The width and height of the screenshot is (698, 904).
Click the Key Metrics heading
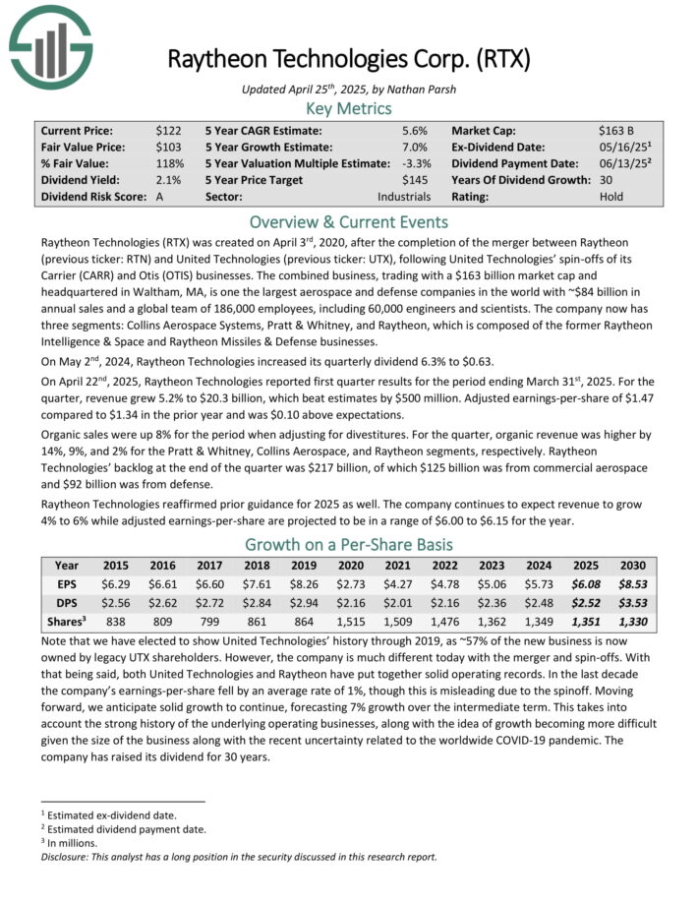click(349, 108)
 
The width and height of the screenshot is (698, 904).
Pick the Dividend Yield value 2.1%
click(168, 179)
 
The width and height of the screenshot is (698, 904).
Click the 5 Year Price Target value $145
click(417, 179)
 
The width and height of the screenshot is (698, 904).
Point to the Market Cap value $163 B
click(616, 130)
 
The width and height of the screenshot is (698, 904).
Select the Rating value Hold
click(611, 196)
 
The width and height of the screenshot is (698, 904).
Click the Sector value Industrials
click(404, 196)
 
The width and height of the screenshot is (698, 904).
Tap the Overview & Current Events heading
click(349, 220)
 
